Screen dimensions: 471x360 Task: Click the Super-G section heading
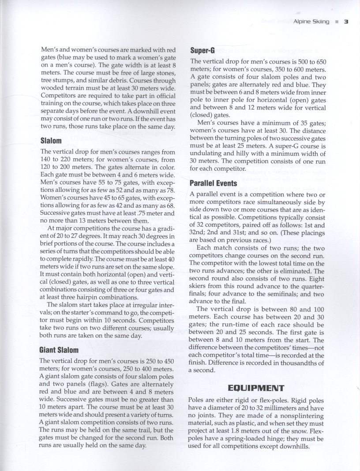(x=202, y=51)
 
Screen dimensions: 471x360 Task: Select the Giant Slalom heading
(x=59, y=350)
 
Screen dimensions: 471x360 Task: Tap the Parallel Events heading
(x=214, y=183)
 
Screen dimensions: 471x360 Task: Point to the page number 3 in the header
(x=346, y=22)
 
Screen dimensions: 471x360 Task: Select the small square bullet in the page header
(x=336, y=22)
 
